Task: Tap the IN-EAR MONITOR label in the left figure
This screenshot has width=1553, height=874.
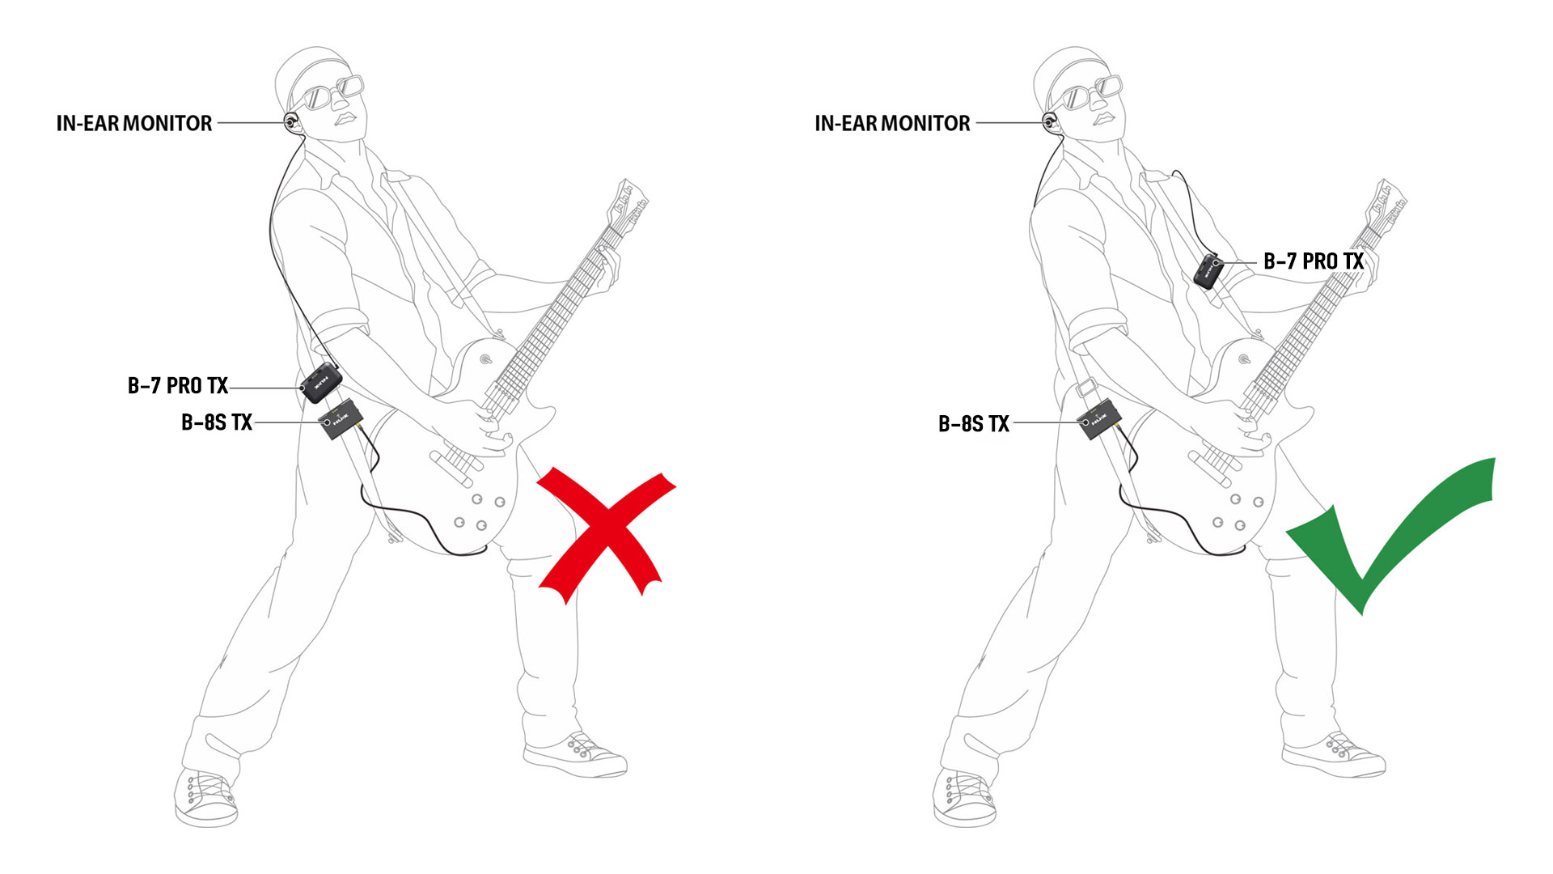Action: point(134,123)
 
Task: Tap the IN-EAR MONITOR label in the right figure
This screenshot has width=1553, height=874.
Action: point(892,123)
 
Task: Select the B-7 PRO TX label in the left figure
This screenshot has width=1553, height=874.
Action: point(178,386)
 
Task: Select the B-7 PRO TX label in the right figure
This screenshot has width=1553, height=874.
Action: point(1314,261)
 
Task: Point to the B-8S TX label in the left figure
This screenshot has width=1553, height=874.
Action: point(217,422)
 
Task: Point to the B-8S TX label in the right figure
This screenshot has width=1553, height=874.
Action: point(974,424)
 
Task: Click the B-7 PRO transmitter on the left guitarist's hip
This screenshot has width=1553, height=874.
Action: point(321,384)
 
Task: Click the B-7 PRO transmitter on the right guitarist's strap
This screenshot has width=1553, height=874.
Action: point(1208,270)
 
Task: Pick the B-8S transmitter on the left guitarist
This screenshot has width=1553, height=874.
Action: point(341,418)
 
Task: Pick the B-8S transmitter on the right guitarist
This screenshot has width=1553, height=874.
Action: point(1099,418)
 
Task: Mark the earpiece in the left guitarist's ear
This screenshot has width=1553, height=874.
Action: point(291,122)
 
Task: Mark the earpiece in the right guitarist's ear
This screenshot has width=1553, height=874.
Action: point(1050,122)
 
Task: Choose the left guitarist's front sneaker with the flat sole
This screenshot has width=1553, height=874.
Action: point(575,756)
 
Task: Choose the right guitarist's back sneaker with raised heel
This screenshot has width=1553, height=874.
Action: point(965,797)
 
